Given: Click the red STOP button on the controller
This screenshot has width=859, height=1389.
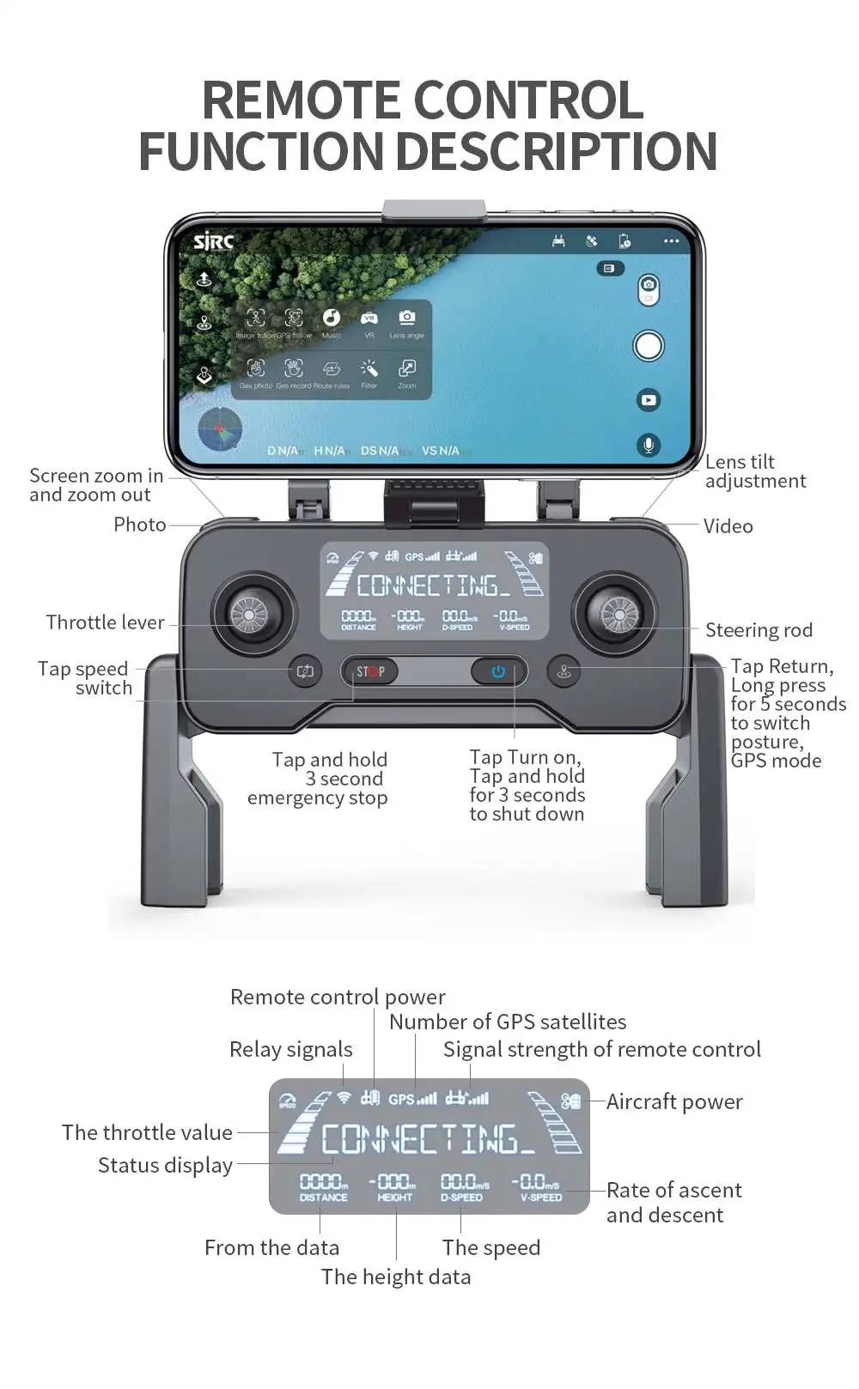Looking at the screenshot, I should (x=370, y=671).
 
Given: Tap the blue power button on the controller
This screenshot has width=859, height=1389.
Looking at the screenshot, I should (x=498, y=671).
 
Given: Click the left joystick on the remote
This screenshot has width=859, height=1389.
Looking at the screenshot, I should (x=250, y=614).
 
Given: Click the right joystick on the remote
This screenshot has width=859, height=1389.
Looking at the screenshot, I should (x=619, y=614).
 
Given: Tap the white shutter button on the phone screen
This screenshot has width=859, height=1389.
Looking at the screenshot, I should (x=649, y=346).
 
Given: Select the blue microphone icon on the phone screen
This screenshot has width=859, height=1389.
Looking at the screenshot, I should (x=649, y=445).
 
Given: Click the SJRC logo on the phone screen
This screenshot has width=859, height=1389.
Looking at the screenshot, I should (x=213, y=242).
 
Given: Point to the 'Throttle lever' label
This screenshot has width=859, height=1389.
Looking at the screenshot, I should (x=105, y=622).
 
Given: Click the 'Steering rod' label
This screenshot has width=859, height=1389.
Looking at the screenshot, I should (x=758, y=630).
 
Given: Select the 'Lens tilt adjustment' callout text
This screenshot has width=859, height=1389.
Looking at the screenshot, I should (x=755, y=471).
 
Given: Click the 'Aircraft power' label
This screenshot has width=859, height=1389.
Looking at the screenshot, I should (x=674, y=1101).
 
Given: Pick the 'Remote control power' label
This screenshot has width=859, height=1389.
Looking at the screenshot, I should (x=338, y=997).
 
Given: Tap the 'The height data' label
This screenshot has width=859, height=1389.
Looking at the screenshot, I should (x=396, y=1277).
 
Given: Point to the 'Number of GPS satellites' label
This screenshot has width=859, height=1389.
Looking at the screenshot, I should (x=508, y=1022).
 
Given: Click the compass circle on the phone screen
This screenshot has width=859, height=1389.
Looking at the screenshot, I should (x=220, y=428).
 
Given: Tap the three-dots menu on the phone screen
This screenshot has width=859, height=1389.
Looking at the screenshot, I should (x=671, y=241).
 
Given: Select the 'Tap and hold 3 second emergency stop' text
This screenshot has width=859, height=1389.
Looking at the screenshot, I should (x=318, y=779).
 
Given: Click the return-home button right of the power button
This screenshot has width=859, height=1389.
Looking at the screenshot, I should (x=564, y=671).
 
